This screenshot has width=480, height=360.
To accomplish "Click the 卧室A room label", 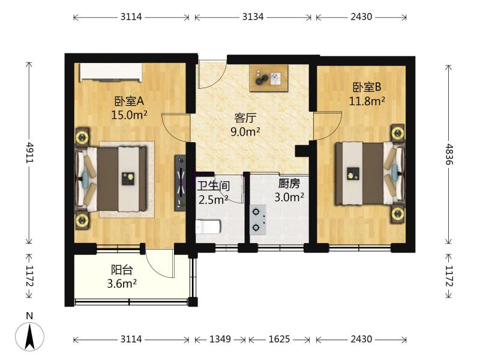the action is [x=129, y=101].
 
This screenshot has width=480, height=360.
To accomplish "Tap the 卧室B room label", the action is [x=367, y=87].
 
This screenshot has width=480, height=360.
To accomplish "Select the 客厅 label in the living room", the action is [x=245, y=118].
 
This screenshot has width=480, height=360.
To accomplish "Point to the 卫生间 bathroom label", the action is [x=214, y=185].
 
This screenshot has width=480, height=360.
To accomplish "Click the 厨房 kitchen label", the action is [x=289, y=184].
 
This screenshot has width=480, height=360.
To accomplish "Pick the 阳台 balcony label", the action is [x=122, y=270].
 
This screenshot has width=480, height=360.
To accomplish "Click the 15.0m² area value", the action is [x=129, y=115].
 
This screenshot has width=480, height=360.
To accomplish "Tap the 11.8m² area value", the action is [x=367, y=101].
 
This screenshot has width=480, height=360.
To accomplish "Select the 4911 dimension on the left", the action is [x=29, y=152].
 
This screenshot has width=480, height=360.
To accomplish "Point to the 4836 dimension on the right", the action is [x=449, y=154].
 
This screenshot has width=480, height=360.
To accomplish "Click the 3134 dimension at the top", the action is [x=253, y=17].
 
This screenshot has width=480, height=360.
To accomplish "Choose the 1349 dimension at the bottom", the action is [x=220, y=339].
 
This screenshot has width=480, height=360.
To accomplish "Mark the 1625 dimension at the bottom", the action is [x=279, y=339].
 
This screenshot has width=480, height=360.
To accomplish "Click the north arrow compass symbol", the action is [x=29, y=336].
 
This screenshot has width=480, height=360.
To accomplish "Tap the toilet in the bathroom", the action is [x=208, y=227].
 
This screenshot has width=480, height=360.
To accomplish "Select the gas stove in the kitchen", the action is [x=257, y=220].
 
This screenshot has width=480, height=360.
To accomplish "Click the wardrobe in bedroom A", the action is [x=111, y=73].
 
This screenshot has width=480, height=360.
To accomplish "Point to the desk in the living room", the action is [x=268, y=78].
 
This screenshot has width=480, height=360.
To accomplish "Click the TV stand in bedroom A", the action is [x=181, y=183].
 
